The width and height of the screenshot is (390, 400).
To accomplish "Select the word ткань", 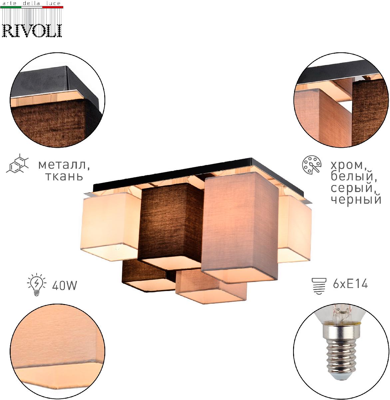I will click(x=64, y=175).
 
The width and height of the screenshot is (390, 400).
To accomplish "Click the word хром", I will click(x=348, y=165).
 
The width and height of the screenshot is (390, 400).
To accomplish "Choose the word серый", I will click(x=353, y=188).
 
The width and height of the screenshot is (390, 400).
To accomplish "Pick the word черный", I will click(x=356, y=199).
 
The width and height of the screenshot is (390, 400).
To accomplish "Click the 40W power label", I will click(x=65, y=285).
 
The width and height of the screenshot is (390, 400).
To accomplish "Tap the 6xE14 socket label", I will click(x=350, y=284).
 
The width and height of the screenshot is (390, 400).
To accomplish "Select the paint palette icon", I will click(x=311, y=165).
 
